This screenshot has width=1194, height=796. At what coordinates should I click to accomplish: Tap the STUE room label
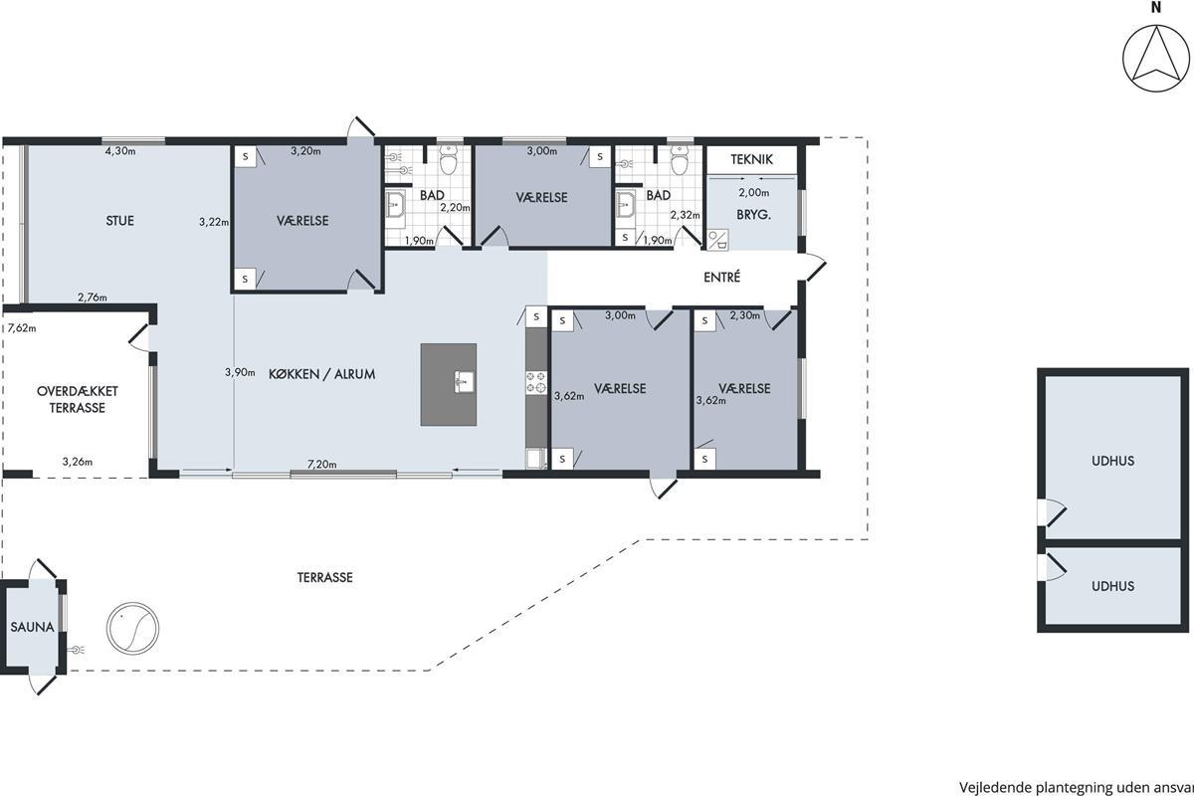pos(120,221)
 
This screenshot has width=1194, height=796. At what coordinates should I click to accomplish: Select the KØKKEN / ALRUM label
pos(321,374)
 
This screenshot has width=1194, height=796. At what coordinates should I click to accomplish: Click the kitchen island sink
pos(464,382)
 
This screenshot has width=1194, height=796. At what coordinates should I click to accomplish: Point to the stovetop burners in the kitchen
pos(536,382)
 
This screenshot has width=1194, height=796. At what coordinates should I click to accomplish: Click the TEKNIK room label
pos(751,159)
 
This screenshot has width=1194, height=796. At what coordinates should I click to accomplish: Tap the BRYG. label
pos(754,215)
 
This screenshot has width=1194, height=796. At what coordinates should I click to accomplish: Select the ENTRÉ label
pos(721,278)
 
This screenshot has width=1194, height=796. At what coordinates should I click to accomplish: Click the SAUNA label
pos(33,627)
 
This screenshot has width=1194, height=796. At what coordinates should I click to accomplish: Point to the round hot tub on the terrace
pos(132,628)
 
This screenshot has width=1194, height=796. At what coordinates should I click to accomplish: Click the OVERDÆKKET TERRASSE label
pos(78,399)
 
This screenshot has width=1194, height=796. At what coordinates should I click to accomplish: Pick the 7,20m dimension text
pos(322,465)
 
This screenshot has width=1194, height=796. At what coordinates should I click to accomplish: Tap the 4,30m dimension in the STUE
pos(120,151)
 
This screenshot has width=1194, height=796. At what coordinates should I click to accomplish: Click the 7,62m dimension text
pos(22,328)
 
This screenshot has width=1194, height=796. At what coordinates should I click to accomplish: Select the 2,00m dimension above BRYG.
pos(754,192)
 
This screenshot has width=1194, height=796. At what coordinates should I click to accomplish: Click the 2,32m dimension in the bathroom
pos(685,215)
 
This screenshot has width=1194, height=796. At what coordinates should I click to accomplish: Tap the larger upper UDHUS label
pos(1112,461)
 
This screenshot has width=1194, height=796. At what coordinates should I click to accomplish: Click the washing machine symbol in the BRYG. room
pos(718,240)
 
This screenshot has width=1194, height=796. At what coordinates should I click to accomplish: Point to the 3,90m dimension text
pos(240,372)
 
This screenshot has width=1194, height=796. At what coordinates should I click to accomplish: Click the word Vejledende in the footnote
pos(996,787)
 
